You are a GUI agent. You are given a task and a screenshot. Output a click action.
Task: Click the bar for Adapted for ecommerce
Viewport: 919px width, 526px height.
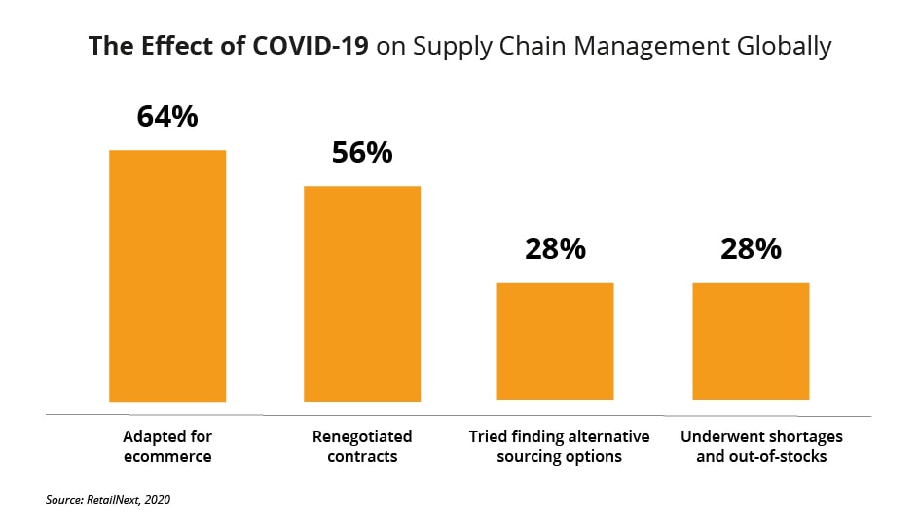tap(167, 276)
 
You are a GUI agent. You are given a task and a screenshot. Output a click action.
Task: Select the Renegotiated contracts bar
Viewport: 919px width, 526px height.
tap(362, 293)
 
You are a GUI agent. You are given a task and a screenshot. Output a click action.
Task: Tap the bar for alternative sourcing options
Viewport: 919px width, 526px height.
tap(555, 341)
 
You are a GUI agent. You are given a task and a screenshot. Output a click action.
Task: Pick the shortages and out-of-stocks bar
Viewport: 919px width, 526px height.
tap(751, 341)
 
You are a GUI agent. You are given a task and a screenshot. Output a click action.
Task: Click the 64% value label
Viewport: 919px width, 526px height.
tap(167, 117)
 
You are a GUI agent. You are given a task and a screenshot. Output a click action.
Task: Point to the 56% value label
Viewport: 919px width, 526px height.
tap(362, 152)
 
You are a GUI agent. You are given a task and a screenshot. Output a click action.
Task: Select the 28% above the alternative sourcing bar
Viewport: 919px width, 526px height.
tap(555, 249)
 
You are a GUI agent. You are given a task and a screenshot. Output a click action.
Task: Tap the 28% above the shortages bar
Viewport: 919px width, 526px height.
tap(751, 249)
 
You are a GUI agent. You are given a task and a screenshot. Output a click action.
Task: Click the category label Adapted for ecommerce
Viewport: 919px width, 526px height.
tap(167, 445)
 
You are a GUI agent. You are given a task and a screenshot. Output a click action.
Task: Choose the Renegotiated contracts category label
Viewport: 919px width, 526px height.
tap(362, 445)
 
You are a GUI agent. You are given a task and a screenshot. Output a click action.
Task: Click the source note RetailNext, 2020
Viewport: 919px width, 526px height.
tap(108, 500)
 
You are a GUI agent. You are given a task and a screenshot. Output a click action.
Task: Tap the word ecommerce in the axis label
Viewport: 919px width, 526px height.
tap(167, 455)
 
